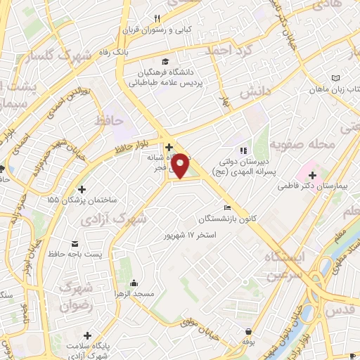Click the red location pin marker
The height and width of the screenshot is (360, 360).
[181, 166]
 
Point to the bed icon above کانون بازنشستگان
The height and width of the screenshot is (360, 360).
[226, 207]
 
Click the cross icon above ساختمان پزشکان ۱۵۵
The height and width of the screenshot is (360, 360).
[82, 189]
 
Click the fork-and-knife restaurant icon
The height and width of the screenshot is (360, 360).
[158, 18]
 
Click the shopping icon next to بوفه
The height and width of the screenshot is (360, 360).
[248, 332]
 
